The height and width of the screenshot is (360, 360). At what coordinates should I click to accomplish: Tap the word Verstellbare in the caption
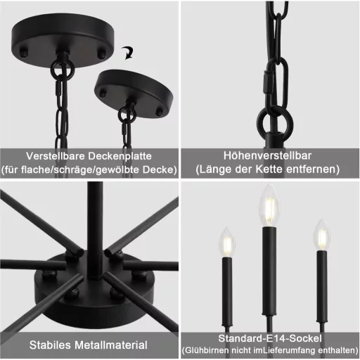click(61, 155)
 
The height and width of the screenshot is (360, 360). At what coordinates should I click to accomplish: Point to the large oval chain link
click(271, 82)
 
